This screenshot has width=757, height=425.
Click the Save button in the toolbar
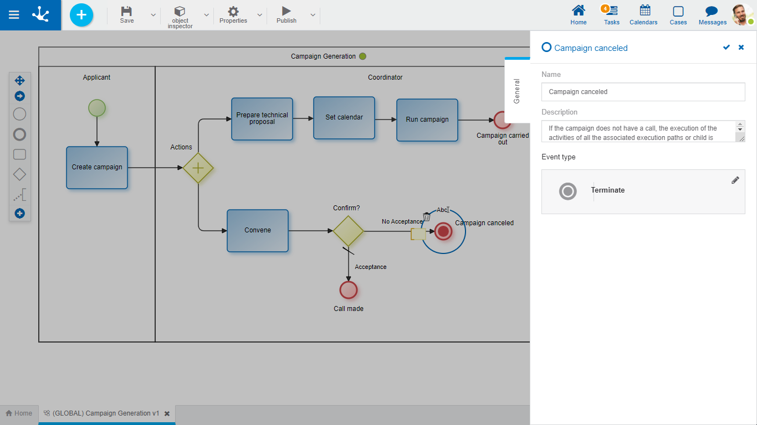127,14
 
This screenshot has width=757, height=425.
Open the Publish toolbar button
286,14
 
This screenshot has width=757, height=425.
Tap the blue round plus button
81,15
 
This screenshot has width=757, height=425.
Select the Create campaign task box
97,168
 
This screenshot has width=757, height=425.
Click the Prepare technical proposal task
262,119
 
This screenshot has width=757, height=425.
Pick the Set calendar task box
344,118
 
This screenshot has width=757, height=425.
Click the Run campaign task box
427,120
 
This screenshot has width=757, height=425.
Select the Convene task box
258,231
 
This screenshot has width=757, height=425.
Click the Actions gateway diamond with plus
198,168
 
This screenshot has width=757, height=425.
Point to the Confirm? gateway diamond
348,231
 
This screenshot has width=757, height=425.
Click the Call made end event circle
349,290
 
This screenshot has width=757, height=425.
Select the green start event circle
97,108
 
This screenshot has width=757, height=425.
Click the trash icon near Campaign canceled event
426,217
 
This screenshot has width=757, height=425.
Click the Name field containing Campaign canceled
643,92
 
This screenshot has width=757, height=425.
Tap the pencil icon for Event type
735,180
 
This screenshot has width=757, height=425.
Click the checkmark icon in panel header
726,48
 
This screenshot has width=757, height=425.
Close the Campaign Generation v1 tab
167,413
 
